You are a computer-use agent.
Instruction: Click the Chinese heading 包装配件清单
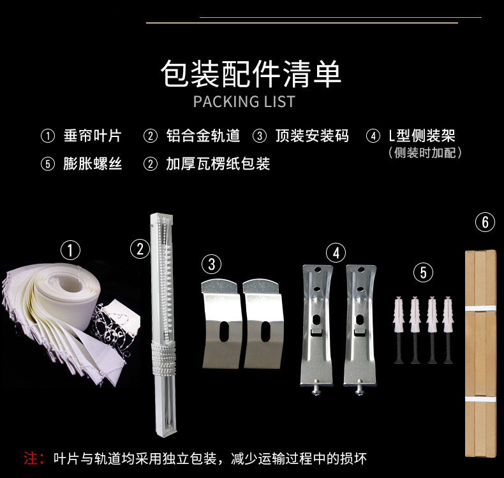click(x=251, y=73)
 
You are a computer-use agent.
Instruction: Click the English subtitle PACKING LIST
click(x=244, y=102)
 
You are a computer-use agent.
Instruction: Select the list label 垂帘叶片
click(x=93, y=136)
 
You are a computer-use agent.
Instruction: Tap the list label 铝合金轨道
click(x=203, y=136)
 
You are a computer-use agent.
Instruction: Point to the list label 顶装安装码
click(x=312, y=136)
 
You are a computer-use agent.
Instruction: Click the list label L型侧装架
click(x=422, y=136)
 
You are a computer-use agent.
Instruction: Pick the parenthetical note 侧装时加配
click(x=425, y=153)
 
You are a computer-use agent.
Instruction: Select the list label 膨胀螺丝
click(x=93, y=164)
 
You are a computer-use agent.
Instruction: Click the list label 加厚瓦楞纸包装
click(x=218, y=164)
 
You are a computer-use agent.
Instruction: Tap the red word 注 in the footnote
click(x=31, y=458)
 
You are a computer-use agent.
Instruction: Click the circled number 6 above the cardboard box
click(x=485, y=222)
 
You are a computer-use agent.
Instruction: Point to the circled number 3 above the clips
click(x=212, y=264)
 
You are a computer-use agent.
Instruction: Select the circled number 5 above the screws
click(x=424, y=273)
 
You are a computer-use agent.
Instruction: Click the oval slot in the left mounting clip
click(x=224, y=331)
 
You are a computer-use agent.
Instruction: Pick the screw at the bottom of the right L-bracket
click(x=359, y=388)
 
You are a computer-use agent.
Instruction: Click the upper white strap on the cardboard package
click(x=480, y=308)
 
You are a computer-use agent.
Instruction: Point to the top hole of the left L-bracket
click(x=318, y=270)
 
